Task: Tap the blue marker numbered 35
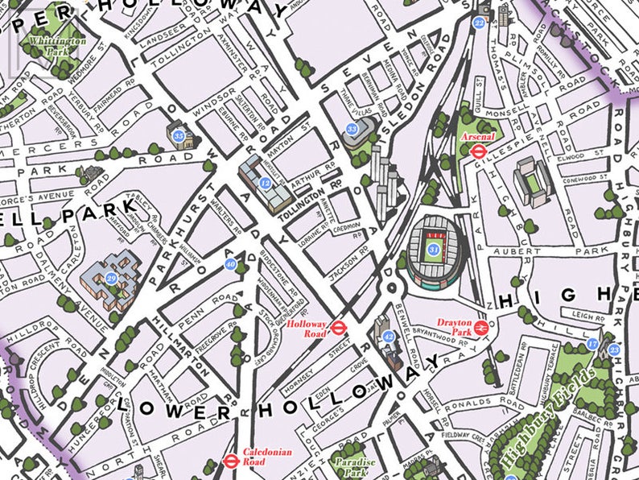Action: [178, 135]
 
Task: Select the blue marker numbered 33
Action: [351, 129]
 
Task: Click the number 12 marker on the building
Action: [265, 184]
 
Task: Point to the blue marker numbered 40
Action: [231, 264]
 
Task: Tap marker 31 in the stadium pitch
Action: [434, 250]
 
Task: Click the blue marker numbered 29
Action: [112, 278]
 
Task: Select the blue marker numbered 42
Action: [388, 337]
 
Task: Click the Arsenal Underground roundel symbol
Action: [477, 149]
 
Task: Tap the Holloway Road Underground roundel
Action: [339, 328]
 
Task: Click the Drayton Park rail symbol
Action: [480, 327]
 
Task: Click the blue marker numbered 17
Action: [594, 344]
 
